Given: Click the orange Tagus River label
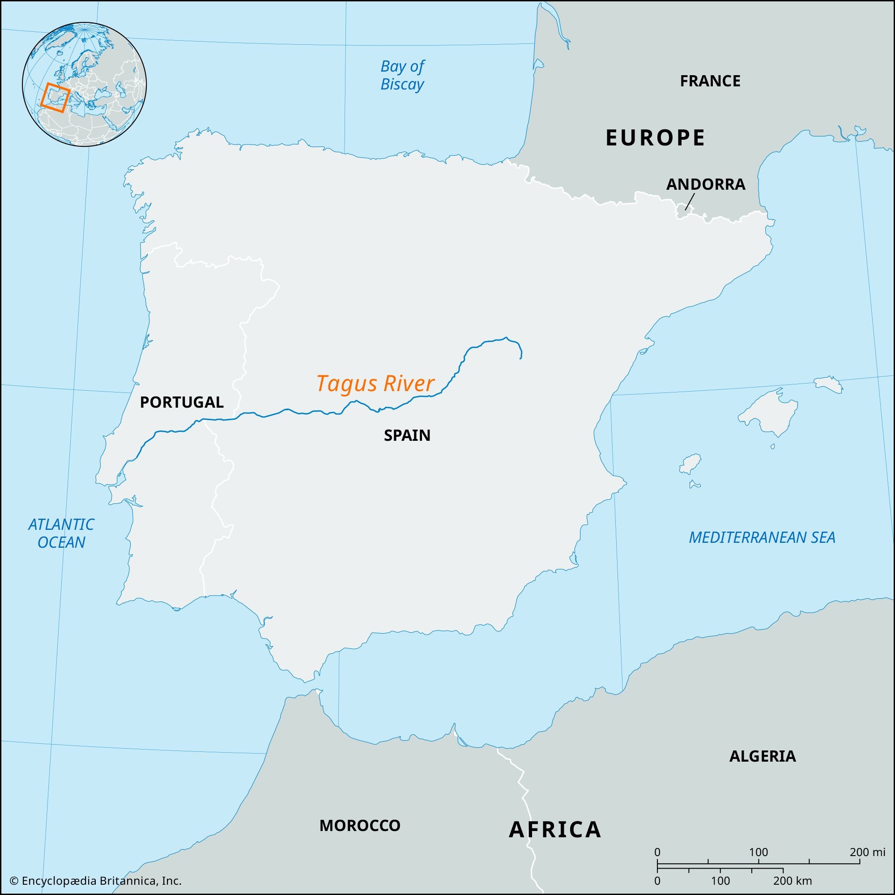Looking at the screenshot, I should [x=375, y=384].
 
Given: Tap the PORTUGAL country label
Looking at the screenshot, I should [x=182, y=402].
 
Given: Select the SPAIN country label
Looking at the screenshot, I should [x=407, y=435].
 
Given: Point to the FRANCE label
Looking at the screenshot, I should [x=710, y=81].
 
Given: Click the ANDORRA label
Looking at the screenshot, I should [x=706, y=184].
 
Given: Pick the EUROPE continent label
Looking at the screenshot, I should [x=655, y=137].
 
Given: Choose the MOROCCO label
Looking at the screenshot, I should [x=359, y=826].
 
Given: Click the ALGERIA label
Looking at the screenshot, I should [x=762, y=756].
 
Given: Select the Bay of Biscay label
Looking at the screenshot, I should [x=402, y=76].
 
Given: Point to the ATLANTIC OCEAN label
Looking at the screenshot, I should [x=61, y=533].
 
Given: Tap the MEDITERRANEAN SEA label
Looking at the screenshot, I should [x=762, y=537].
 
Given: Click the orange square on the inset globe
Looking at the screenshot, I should [x=55, y=98].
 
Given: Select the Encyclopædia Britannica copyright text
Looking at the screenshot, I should [x=95, y=881].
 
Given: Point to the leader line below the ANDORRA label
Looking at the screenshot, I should [x=690, y=202].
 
